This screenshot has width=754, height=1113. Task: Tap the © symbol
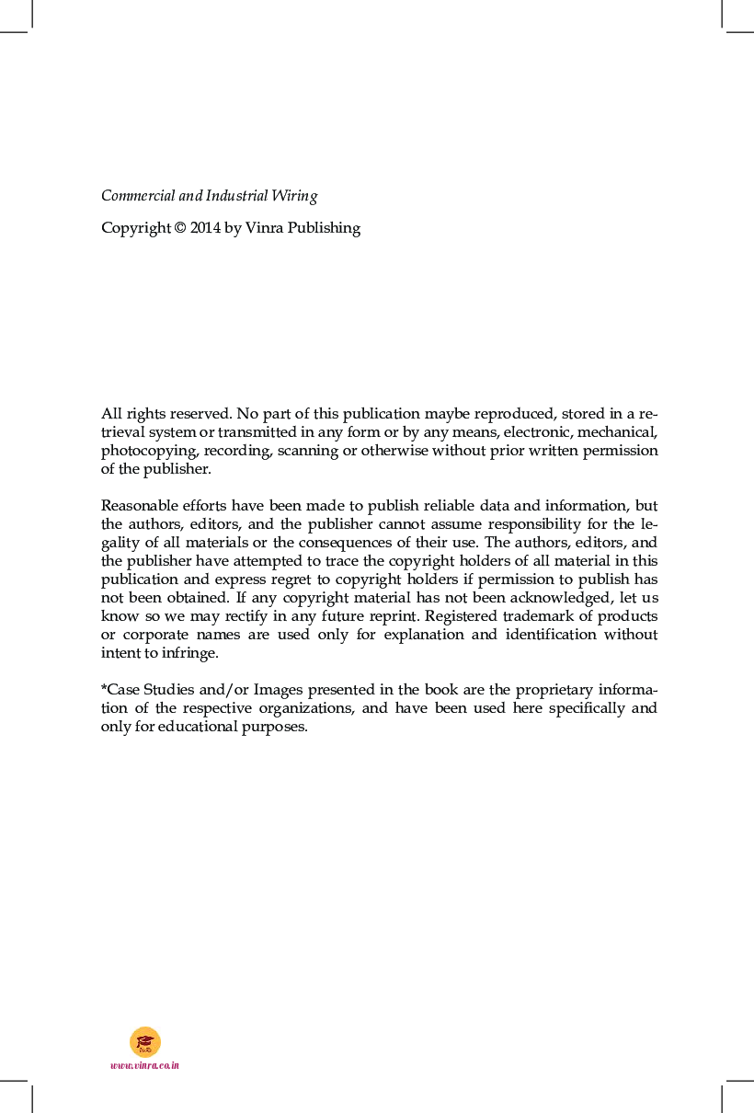click(179, 228)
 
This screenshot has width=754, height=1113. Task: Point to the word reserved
click(201, 414)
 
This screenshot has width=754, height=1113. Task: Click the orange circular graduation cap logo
click(145, 1041)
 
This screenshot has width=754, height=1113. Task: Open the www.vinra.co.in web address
click(144, 1065)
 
